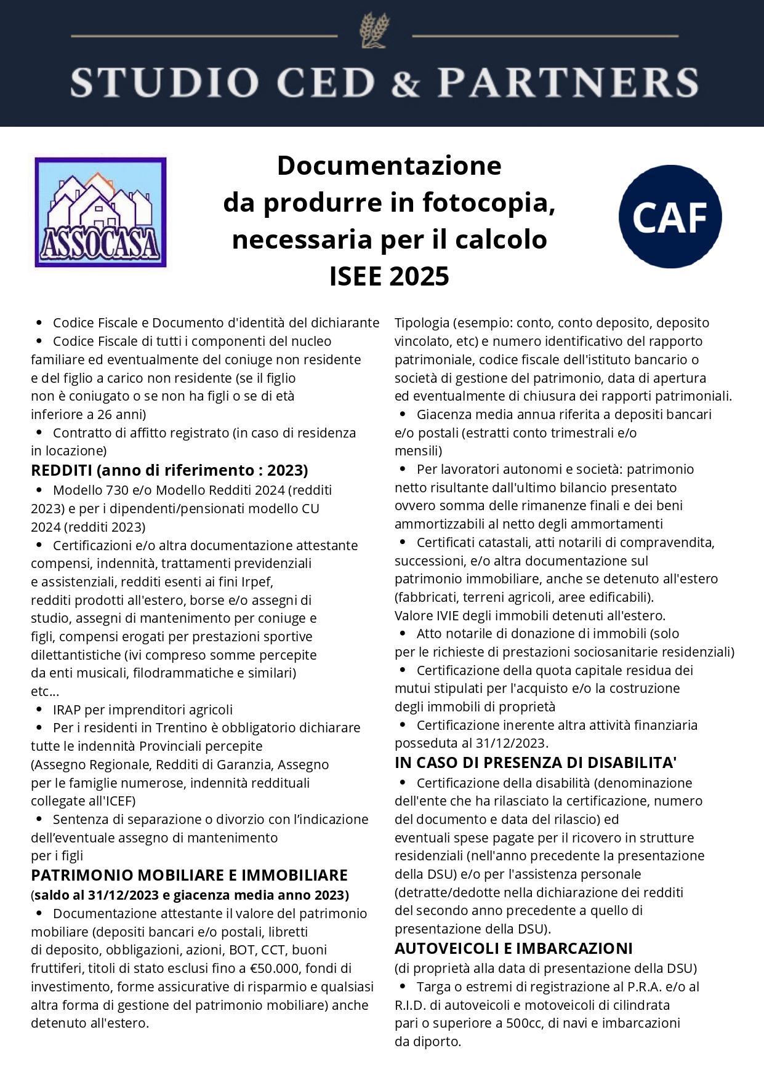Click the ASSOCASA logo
pos(100,212)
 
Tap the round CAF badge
pos(670,217)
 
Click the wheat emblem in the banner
pos(374,31)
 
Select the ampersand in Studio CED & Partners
pos(405,83)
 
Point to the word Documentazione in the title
pos(389,166)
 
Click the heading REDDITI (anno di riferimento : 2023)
pos(169,470)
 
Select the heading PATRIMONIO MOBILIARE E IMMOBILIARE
pos(189,875)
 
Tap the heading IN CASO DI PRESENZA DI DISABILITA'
pos(536,762)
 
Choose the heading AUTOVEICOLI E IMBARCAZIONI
pos(513,948)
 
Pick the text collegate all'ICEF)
pos(83,801)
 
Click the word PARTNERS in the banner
pos(568,83)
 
